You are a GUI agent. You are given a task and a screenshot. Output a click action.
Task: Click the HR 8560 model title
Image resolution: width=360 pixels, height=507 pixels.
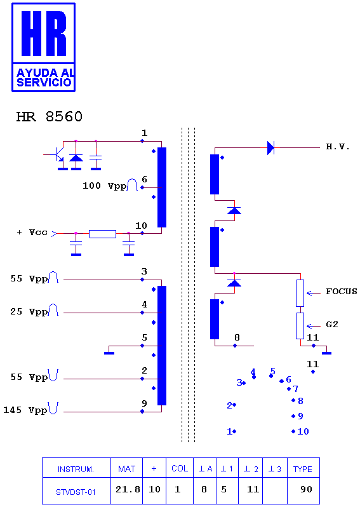click(x=50, y=117)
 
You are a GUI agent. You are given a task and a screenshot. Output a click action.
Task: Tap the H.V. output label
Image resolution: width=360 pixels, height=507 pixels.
click(x=338, y=147)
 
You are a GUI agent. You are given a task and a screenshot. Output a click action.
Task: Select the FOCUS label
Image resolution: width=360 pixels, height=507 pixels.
click(x=342, y=292)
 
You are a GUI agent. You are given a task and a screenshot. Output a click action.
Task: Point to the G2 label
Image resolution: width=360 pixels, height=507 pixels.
click(x=332, y=324)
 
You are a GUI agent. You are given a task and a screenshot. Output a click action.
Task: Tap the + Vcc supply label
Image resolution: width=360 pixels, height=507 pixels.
click(x=32, y=233)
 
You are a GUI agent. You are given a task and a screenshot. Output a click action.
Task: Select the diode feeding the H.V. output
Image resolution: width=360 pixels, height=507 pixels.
click(x=270, y=148)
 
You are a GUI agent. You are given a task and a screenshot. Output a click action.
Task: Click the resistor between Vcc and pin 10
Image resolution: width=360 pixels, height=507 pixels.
click(x=102, y=234)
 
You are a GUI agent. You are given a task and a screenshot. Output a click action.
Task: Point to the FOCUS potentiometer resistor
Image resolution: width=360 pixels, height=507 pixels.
click(x=300, y=294)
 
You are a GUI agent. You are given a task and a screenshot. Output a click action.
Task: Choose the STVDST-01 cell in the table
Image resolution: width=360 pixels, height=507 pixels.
click(x=76, y=492)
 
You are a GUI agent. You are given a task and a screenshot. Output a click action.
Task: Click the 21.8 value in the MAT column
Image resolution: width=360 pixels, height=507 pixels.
click(x=128, y=489)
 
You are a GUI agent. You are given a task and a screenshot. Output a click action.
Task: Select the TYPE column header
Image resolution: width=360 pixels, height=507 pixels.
click(x=302, y=469)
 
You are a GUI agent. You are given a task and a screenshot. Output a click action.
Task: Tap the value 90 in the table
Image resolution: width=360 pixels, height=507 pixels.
click(x=306, y=489)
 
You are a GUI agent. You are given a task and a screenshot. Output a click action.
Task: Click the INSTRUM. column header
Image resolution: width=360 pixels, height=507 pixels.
click(x=76, y=469)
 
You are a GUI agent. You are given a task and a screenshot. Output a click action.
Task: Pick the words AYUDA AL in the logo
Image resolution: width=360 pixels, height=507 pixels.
click(x=46, y=72)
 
